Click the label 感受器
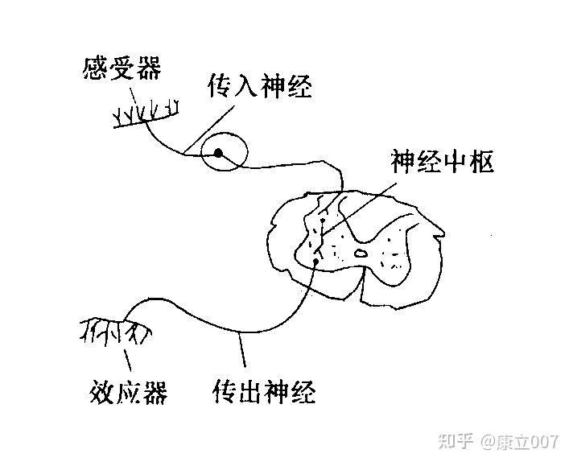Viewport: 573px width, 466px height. pyautogui.click(x=122, y=68)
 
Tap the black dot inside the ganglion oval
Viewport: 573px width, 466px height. pyautogui.click(x=217, y=152)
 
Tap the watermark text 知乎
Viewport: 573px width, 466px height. pyautogui.click(x=455, y=442)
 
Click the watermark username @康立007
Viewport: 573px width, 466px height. pyautogui.click(x=519, y=442)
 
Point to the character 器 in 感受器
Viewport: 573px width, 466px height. pyautogui.click(x=148, y=68)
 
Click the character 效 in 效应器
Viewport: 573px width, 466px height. pyautogui.click(x=100, y=394)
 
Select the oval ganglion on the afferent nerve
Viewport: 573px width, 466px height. pyautogui.click(x=225, y=153)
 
